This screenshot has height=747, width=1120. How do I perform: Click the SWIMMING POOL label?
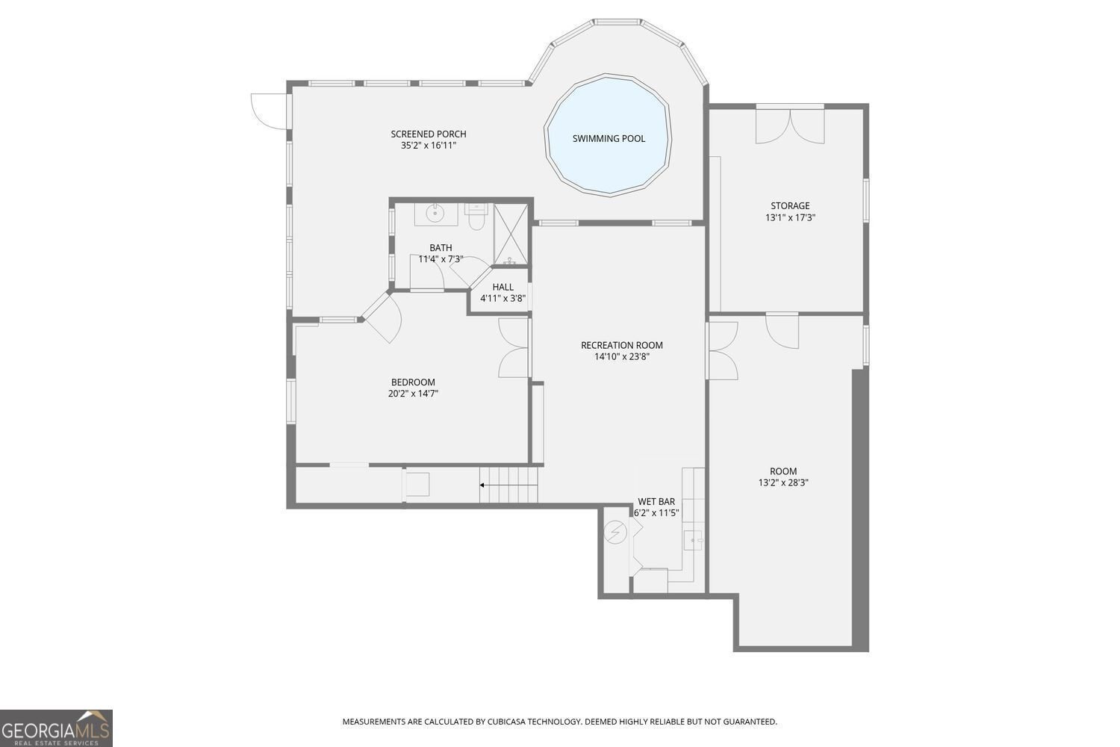click(609, 138)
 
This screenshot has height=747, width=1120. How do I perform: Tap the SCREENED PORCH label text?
click(429, 134)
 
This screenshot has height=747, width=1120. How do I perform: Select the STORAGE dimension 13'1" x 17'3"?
click(790, 218)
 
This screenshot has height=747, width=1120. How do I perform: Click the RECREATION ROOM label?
click(622, 345)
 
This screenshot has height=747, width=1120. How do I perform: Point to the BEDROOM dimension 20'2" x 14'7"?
click(413, 394)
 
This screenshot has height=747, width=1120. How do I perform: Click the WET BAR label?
click(656, 501)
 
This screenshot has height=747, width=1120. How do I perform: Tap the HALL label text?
click(503, 287)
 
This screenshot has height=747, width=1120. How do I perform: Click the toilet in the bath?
click(476, 217)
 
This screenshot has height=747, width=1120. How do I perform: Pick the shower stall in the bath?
click(511, 234)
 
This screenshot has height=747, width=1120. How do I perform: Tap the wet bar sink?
click(693, 539)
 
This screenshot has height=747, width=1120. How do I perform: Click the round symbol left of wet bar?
click(616, 531)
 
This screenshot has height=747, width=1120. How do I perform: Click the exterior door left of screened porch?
click(270, 111)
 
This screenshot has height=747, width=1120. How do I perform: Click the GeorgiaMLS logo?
click(56, 728)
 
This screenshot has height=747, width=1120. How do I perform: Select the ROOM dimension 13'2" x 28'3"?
click(783, 483)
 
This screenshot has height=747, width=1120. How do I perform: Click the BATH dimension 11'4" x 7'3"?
click(441, 259)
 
